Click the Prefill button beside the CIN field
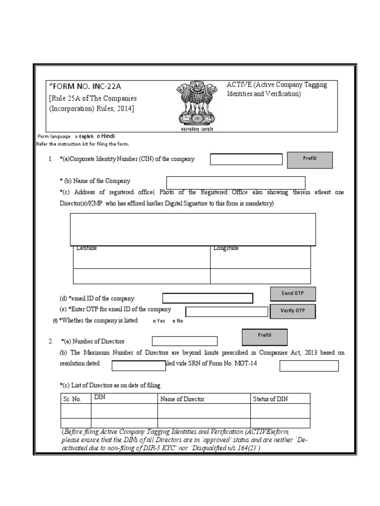click(310, 160)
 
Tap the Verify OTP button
click(293, 311)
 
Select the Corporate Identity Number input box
click(246, 159)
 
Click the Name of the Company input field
click(236, 182)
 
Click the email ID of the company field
click(208, 298)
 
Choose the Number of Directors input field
click(185, 341)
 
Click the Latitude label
click(87, 248)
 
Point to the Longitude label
click(226, 248)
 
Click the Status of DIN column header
click(270, 399)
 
